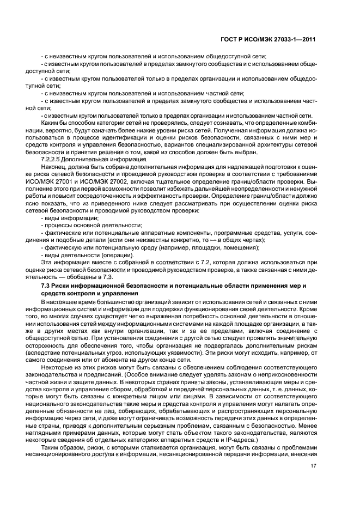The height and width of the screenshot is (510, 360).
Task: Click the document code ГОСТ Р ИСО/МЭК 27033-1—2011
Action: coord(277,39)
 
